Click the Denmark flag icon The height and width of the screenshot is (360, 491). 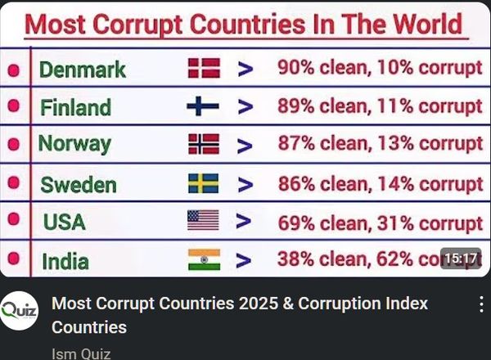click(x=204, y=68)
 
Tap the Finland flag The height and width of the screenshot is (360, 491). click(x=203, y=106)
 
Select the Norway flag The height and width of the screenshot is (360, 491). click(x=204, y=145)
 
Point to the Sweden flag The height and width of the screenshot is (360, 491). click(x=203, y=183)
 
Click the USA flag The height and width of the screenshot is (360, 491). click(x=203, y=221)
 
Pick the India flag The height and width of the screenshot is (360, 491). click(x=203, y=260)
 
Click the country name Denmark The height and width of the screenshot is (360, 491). click(x=83, y=70)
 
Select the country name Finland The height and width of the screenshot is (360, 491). click(x=75, y=107)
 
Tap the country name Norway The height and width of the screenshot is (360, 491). click(x=74, y=145)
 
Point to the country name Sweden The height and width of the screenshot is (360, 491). click(x=79, y=184)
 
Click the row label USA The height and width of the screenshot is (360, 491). click(x=65, y=222)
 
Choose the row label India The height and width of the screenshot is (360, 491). click(x=65, y=262)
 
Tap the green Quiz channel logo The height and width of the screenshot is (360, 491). click(x=20, y=311)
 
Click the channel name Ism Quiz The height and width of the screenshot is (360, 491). click(x=81, y=353)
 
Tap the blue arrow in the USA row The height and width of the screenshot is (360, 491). click(x=243, y=221)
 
